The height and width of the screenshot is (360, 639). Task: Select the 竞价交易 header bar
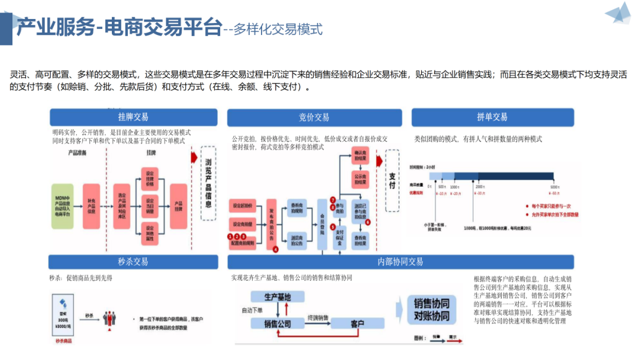coord(314,117)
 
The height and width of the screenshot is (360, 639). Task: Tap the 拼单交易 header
coord(492,117)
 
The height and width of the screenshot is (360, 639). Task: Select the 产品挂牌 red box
coord(178,206)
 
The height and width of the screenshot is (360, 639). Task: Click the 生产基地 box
coord(277,297)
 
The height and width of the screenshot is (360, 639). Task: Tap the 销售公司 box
coord(277,323)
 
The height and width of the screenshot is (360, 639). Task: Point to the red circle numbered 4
coord(275,249)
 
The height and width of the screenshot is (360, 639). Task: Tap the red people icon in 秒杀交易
coord(109,318)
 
